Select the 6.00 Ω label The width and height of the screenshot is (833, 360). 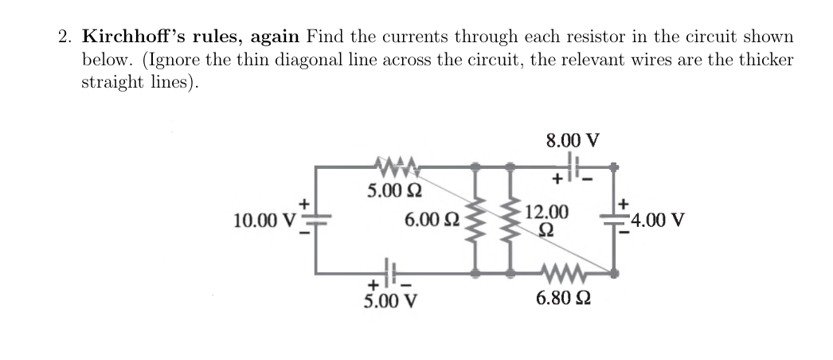click(x=431, y=219)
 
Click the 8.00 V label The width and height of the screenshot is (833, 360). click(x=572, y=141)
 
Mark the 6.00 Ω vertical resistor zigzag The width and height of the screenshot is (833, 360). click(x=475, y=219)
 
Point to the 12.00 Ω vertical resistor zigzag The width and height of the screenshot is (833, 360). click(x=510, y=219)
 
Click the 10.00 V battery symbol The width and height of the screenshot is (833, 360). click(x=316, y=220)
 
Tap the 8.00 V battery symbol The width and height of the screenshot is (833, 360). click(x=573, y=166)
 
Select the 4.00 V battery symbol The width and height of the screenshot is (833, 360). click(x=615, y=220)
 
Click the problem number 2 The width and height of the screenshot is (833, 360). click(x=65, y=37)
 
